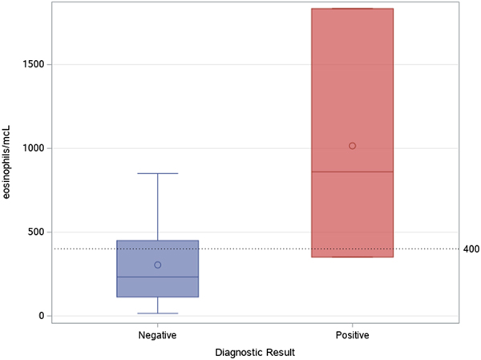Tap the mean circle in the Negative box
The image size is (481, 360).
click(158, 265)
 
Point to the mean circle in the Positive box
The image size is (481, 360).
click(353, 146)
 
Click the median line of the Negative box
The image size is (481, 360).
click(158, 277)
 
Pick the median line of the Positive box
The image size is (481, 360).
click(353, 172)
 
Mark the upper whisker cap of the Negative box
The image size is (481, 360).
click(158, 173)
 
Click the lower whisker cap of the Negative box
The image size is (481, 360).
click(158, 313)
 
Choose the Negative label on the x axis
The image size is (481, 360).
click(158, 334)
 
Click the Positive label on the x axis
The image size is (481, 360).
click(353, 334)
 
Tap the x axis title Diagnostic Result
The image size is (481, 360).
click(254, 351)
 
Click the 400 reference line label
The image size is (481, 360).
click(471, 249)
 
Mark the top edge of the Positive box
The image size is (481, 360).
click(353, 9)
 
